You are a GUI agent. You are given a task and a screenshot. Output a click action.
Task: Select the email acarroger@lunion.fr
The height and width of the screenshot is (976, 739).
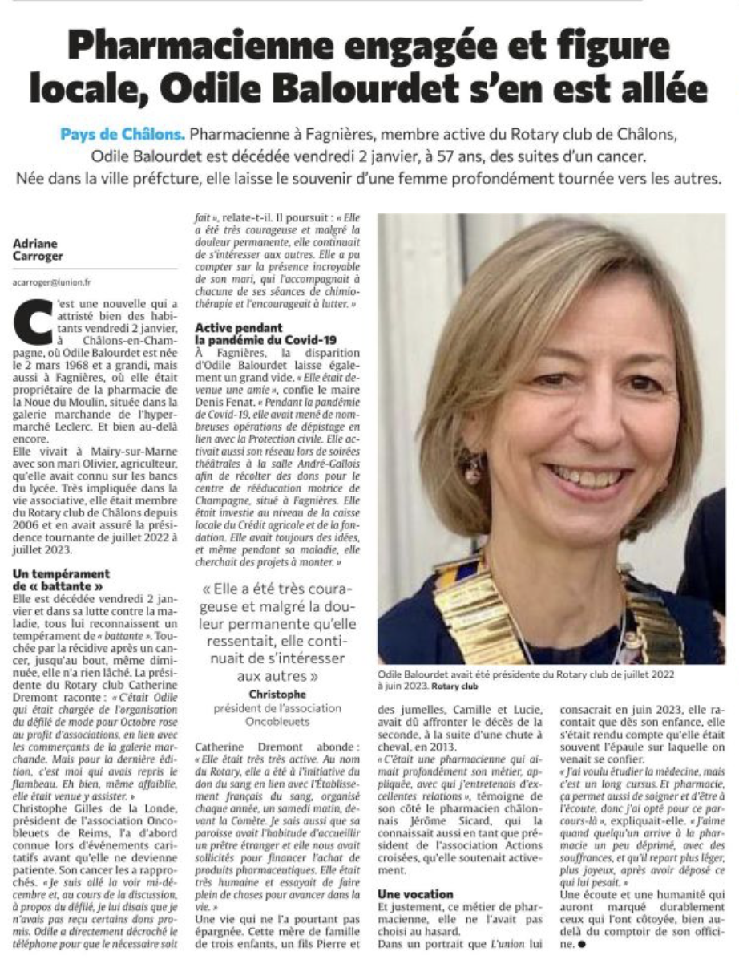52,282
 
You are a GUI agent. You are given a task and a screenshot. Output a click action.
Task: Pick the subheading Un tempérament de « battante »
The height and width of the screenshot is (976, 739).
62,580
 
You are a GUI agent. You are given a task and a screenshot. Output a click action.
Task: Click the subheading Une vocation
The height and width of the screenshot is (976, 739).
415,893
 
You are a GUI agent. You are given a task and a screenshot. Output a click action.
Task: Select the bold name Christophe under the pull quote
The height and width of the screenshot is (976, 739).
277,693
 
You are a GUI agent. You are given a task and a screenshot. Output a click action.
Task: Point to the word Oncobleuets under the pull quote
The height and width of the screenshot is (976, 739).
277,722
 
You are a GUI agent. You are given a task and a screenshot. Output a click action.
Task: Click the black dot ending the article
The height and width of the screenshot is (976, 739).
581,946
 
